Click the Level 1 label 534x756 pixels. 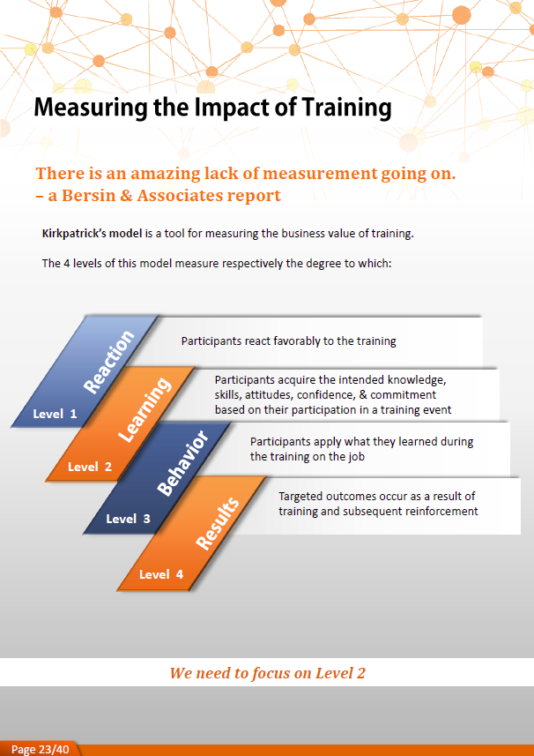[55, 414]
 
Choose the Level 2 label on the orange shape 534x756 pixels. [90, 467]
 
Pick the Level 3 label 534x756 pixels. [128, 520]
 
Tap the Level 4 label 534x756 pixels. [161, 574]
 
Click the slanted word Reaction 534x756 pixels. [109, 361]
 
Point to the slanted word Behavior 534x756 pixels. [182, 463]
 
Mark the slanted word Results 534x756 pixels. [218, 523]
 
